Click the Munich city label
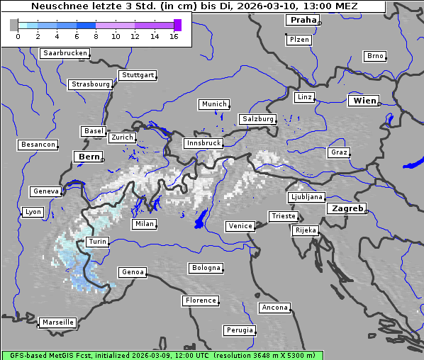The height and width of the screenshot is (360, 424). tap(214, 104)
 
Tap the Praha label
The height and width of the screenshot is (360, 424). tap(302, 20)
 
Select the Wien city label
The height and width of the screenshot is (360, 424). tap(364, 101)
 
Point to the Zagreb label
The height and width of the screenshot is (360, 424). tap(347, 208)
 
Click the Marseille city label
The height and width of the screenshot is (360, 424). tap(57, 322)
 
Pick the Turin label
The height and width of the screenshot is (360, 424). tap(97, 242)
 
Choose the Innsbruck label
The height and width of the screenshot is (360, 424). tap(203, 143)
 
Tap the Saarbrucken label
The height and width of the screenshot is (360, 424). tap(65, 53)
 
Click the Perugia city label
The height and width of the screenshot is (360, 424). tap(240, 330)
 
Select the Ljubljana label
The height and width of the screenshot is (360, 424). tap(306, 197)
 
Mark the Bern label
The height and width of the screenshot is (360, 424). tap(89, 156)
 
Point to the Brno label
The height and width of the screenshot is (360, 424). tap(375, 56)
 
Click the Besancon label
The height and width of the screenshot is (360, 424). tap(38, 145)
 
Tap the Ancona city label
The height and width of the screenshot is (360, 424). tap(274, 308)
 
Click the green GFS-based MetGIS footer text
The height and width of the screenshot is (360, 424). tap(162, 355)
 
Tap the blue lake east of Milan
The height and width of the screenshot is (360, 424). tap(201, 218)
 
